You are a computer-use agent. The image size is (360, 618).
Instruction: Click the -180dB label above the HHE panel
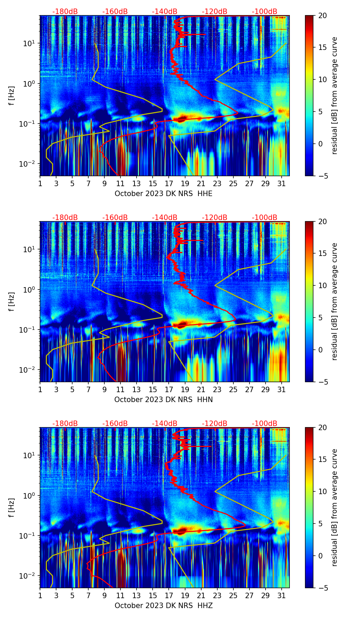tap(65, 12)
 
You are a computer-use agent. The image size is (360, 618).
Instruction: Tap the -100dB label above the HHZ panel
tap(265, 424)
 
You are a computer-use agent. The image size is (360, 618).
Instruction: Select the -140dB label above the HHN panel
tap(165, 218)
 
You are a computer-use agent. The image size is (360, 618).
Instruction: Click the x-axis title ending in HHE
tap(163, 194)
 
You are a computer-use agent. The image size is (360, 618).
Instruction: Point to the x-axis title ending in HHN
tap(163, 400)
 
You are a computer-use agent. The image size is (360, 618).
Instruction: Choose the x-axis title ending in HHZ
tap(163, 606)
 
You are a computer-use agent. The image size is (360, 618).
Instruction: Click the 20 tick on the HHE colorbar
tap(322, 16)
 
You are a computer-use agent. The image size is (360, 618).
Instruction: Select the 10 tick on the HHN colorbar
tap(322, 286)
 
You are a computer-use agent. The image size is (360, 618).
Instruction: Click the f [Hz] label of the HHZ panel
tap(12, 508)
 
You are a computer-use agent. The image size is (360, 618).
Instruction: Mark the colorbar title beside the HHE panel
tap(334, 96)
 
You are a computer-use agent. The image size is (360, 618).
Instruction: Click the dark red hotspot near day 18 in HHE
tap(181, 118)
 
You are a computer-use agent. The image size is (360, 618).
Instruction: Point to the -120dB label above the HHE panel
tap(215, 12)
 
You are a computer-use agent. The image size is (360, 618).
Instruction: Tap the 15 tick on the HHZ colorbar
tap(322, 460)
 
